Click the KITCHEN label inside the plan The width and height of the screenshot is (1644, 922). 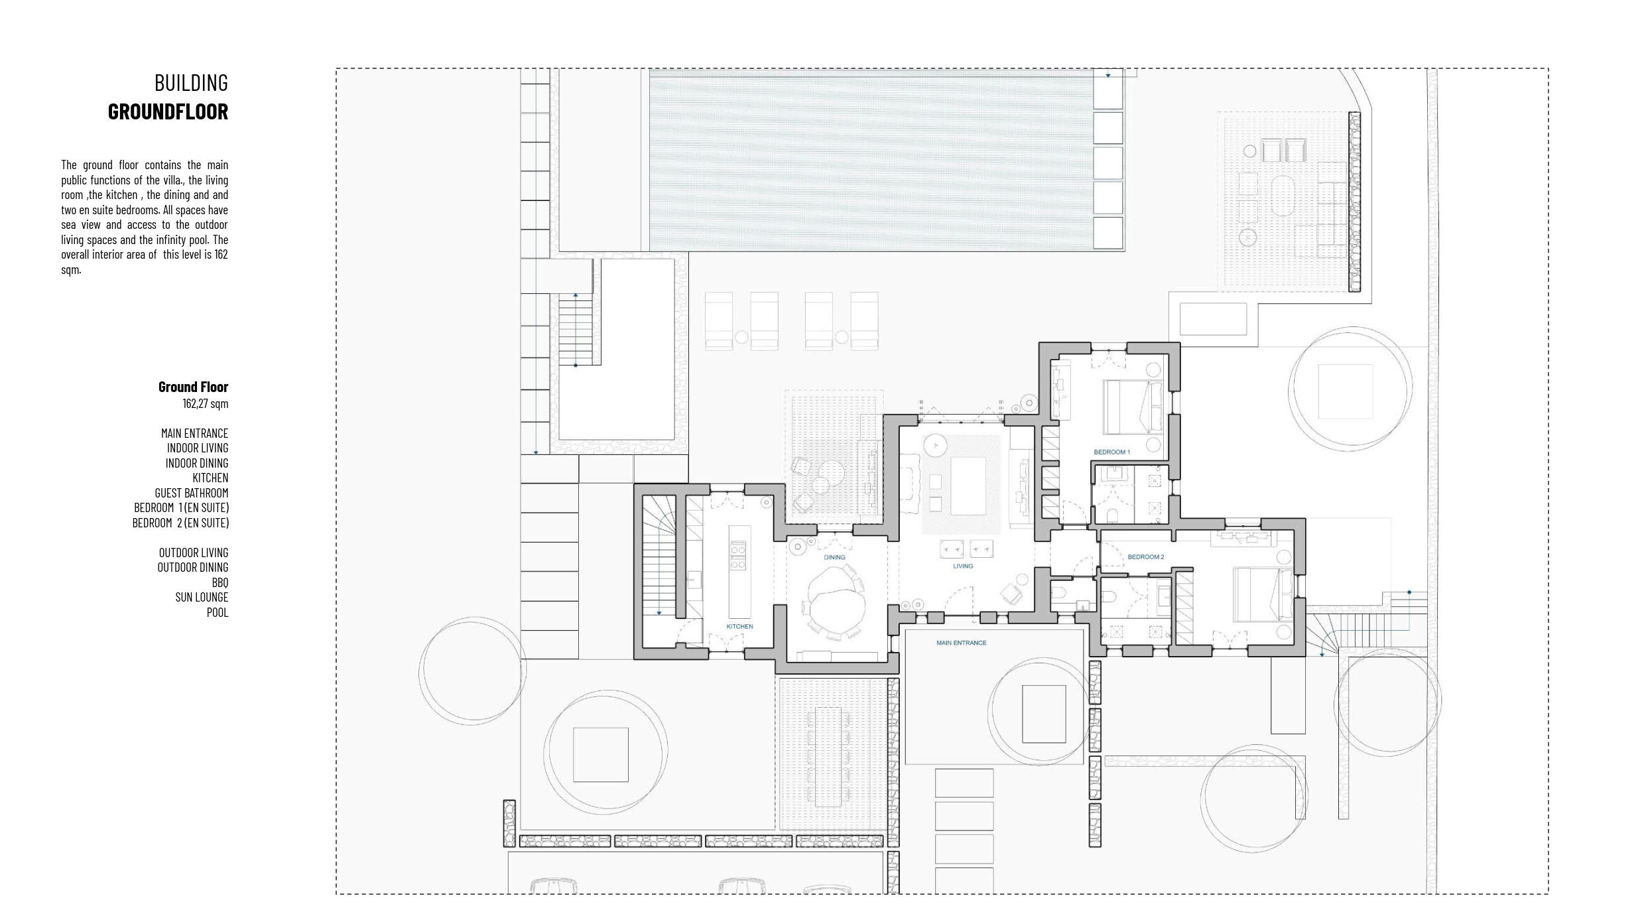click(x=739, y=626)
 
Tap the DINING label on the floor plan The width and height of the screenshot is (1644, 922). click(x=834, y=557)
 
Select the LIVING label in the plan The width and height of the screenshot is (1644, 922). click(x=963, y=566)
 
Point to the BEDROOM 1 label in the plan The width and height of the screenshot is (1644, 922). click(x=1111, y=452)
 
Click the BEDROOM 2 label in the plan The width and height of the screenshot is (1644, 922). click(x=1146, y=557)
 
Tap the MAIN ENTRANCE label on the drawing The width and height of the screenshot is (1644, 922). click(x=961, y=643)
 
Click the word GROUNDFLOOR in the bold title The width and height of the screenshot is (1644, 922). click(x=168, y=111)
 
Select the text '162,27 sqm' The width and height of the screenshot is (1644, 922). click(x=206, y=403)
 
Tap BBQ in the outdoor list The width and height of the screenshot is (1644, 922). click(x=220, y=582)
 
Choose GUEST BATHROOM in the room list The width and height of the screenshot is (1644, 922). click(x=192, y=493)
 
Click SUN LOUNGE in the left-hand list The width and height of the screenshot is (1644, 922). click(x=202, y=597)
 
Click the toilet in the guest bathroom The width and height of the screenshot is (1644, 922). click(x=1059, y=592)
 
